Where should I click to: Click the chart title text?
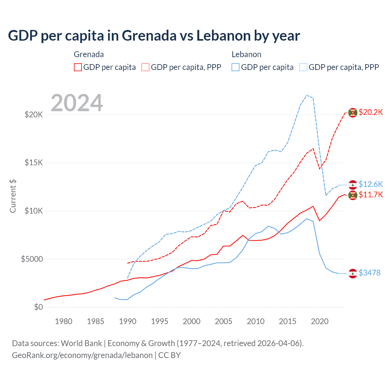tap(154, 36)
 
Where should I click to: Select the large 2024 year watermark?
tap(77, 103)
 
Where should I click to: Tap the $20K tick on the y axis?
tap(34, 115)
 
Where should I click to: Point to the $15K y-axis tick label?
tap(34, 163)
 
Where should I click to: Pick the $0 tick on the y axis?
tap(38, 307)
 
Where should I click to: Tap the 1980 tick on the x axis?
tap(64, 321)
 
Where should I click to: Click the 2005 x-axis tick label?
tap(224, 321)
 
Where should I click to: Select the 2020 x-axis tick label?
tap(320, 321)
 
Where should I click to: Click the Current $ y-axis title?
tap(13, 196)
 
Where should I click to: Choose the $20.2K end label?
tap(371, 112)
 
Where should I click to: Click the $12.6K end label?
tap(371, 184)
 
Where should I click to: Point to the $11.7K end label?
tap(371, 195)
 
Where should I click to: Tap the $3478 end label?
tap(369, 273)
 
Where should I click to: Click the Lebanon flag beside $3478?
tap(353, 273)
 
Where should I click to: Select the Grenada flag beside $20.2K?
tap(353, 113)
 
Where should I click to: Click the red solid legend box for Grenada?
tap(78, 67)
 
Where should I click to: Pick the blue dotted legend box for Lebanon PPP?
tap(303, 67)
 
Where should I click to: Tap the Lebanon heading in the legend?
tap(246, 54)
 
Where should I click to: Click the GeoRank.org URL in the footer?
tap(82, 355)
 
